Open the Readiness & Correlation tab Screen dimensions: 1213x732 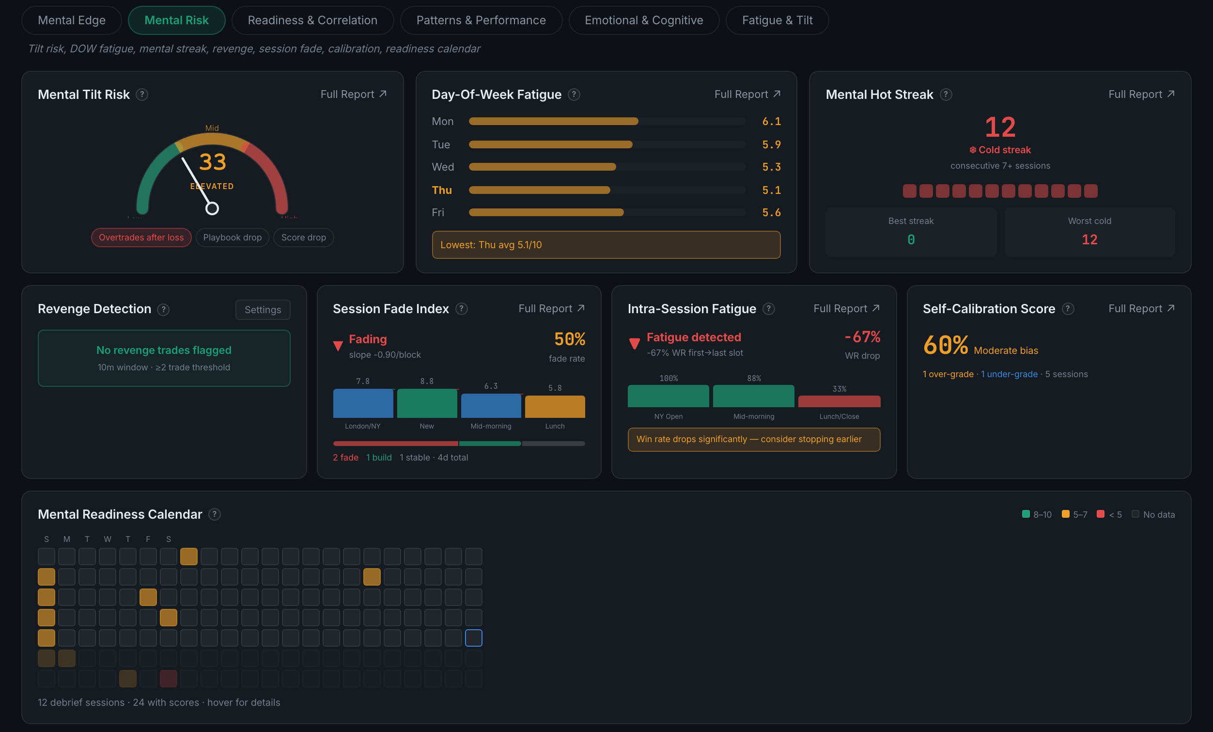coord(312,20)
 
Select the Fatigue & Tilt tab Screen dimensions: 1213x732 coord(777,20)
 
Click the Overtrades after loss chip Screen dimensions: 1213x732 coord(141,238)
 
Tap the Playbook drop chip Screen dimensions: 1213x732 coord(233,238)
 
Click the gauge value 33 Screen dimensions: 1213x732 coord(213,162)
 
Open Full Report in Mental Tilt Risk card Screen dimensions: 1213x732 coord(354,94)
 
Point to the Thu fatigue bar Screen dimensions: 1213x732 coord(540,190)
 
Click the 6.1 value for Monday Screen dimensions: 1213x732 coord(771,121)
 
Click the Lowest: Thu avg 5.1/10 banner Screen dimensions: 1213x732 coord(606,245)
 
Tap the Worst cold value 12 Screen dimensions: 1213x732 coord(1089,239)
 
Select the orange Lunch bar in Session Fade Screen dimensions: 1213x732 coord(555,406)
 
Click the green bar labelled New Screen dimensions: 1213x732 coord(427,403)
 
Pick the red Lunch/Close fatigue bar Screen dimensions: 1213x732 coord(840,401)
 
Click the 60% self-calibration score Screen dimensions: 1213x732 coord(946,345)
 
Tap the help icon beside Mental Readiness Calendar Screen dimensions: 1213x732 coord(215,514)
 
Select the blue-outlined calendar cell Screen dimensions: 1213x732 coord(474,638)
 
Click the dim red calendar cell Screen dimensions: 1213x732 coord(169,679)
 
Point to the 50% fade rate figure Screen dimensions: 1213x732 coord(570,339)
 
